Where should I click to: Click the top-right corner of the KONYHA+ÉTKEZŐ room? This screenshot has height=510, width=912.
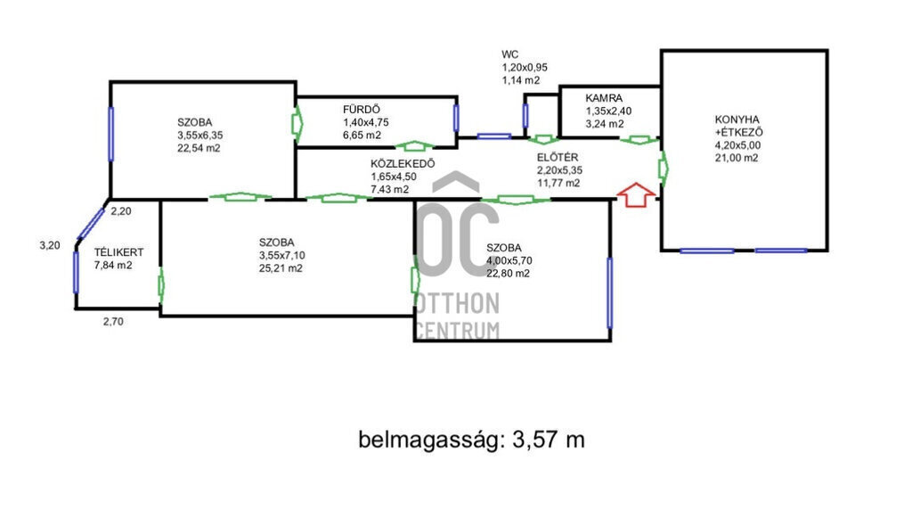coord(827,51)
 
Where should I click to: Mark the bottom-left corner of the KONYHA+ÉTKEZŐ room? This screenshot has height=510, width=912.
coord(662,251)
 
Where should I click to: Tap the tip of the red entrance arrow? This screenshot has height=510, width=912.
coord(636,184)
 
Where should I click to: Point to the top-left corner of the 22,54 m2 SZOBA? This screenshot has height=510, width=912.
coord(110,82)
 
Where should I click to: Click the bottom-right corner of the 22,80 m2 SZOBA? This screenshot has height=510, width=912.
coord(610,341)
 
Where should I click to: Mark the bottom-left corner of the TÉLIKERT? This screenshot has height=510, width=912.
coord(76,308)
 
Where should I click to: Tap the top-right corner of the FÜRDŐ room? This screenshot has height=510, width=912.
coord(457,97)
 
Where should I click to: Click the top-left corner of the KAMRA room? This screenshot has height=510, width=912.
coord(559,86)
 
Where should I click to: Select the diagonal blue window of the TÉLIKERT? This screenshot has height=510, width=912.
coord(91,224)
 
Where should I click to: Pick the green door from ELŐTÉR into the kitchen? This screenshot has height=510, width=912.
coord(663,168)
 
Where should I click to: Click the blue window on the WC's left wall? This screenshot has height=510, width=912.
coord(525,115)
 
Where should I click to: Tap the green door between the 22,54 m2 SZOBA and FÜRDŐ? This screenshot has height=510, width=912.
coord(297,123)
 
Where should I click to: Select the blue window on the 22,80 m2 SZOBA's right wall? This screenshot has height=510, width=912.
coord(609,292)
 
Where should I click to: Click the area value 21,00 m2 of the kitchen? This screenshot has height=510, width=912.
coord(737,158)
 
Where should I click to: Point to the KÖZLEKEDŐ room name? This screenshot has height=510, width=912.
coord(403,163)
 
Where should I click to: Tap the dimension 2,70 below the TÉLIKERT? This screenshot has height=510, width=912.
coord(113,321)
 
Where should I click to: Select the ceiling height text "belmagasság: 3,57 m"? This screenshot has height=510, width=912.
coord(471,440)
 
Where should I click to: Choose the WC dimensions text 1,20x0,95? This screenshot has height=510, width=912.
coord(525,68)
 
